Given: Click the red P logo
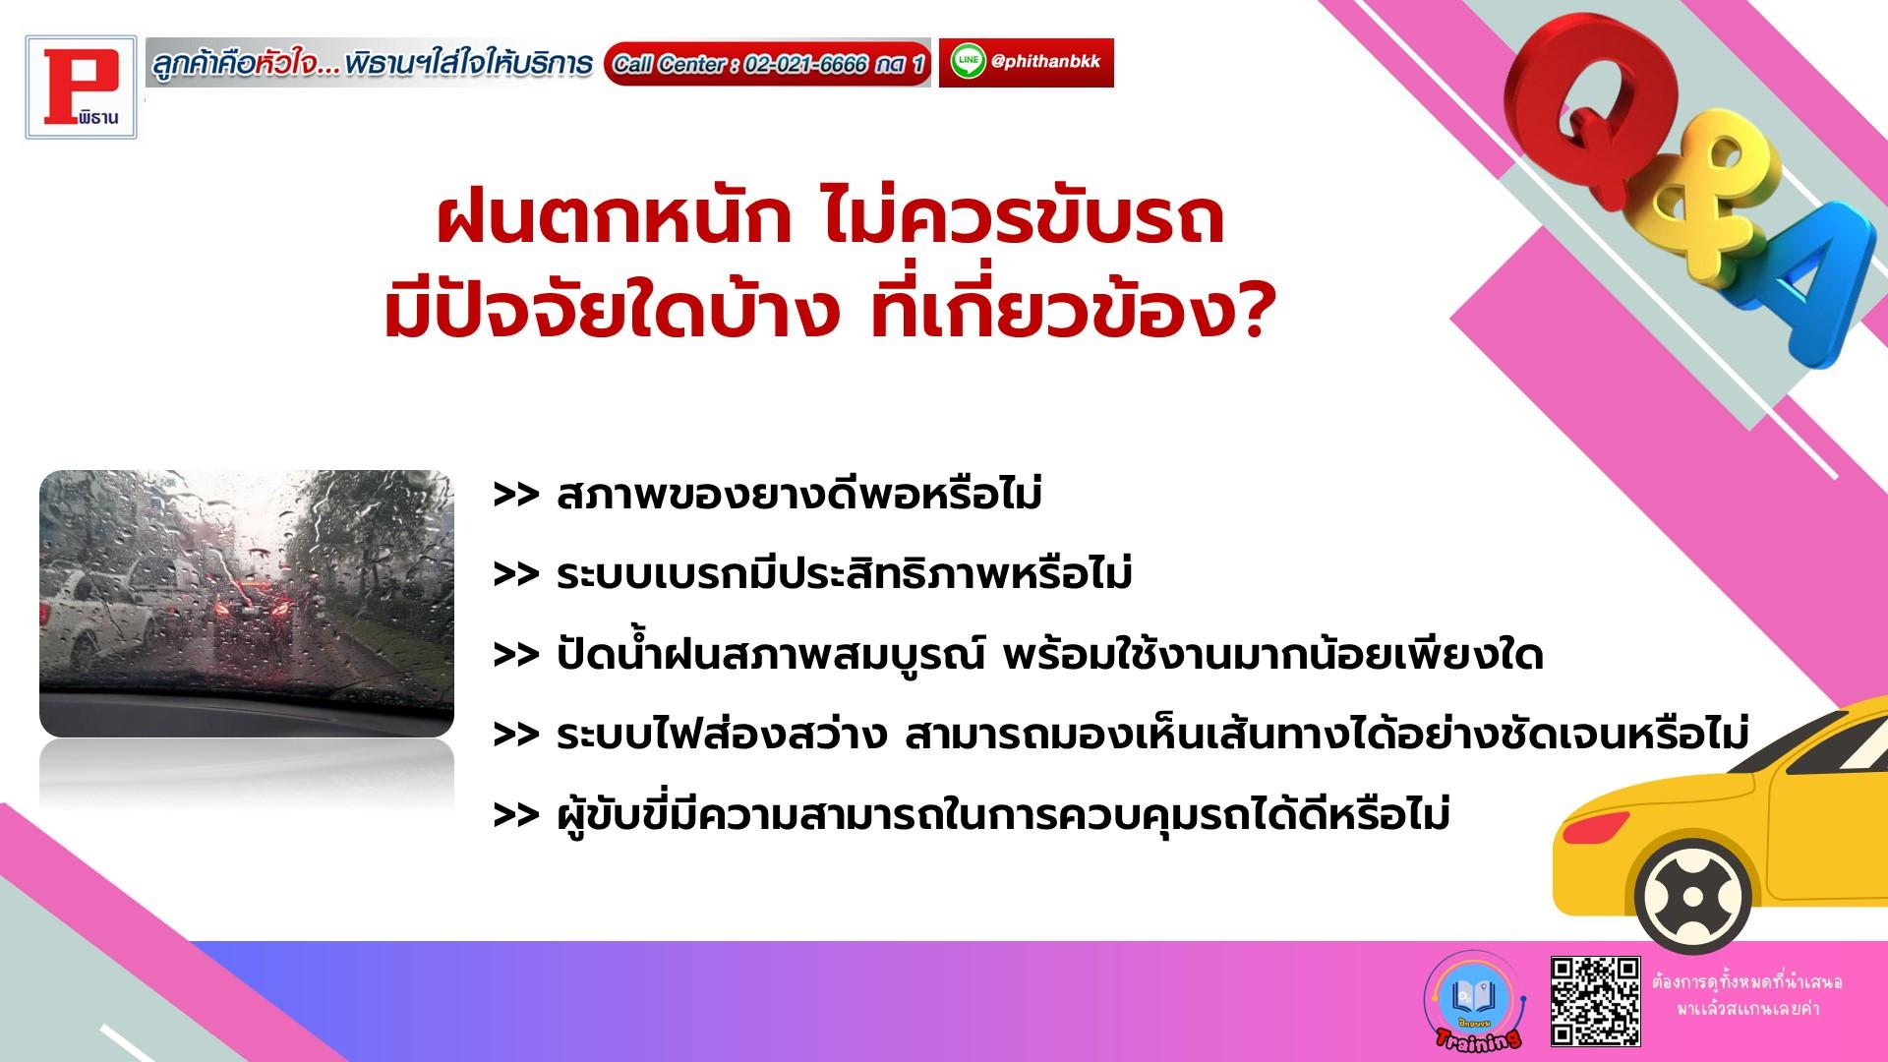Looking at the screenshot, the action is point(82,88).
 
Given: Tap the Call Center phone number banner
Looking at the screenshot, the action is point(767,64).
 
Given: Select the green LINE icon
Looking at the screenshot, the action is point(969,62).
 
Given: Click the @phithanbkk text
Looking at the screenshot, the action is point(1046,61).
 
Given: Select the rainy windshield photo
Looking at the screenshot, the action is point(247,604).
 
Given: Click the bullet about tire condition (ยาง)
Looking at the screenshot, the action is point(768,495).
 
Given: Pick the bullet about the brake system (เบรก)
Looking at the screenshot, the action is point(812,574).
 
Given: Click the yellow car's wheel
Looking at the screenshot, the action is point(1692,896).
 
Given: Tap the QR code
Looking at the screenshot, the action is point(1595,1001).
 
